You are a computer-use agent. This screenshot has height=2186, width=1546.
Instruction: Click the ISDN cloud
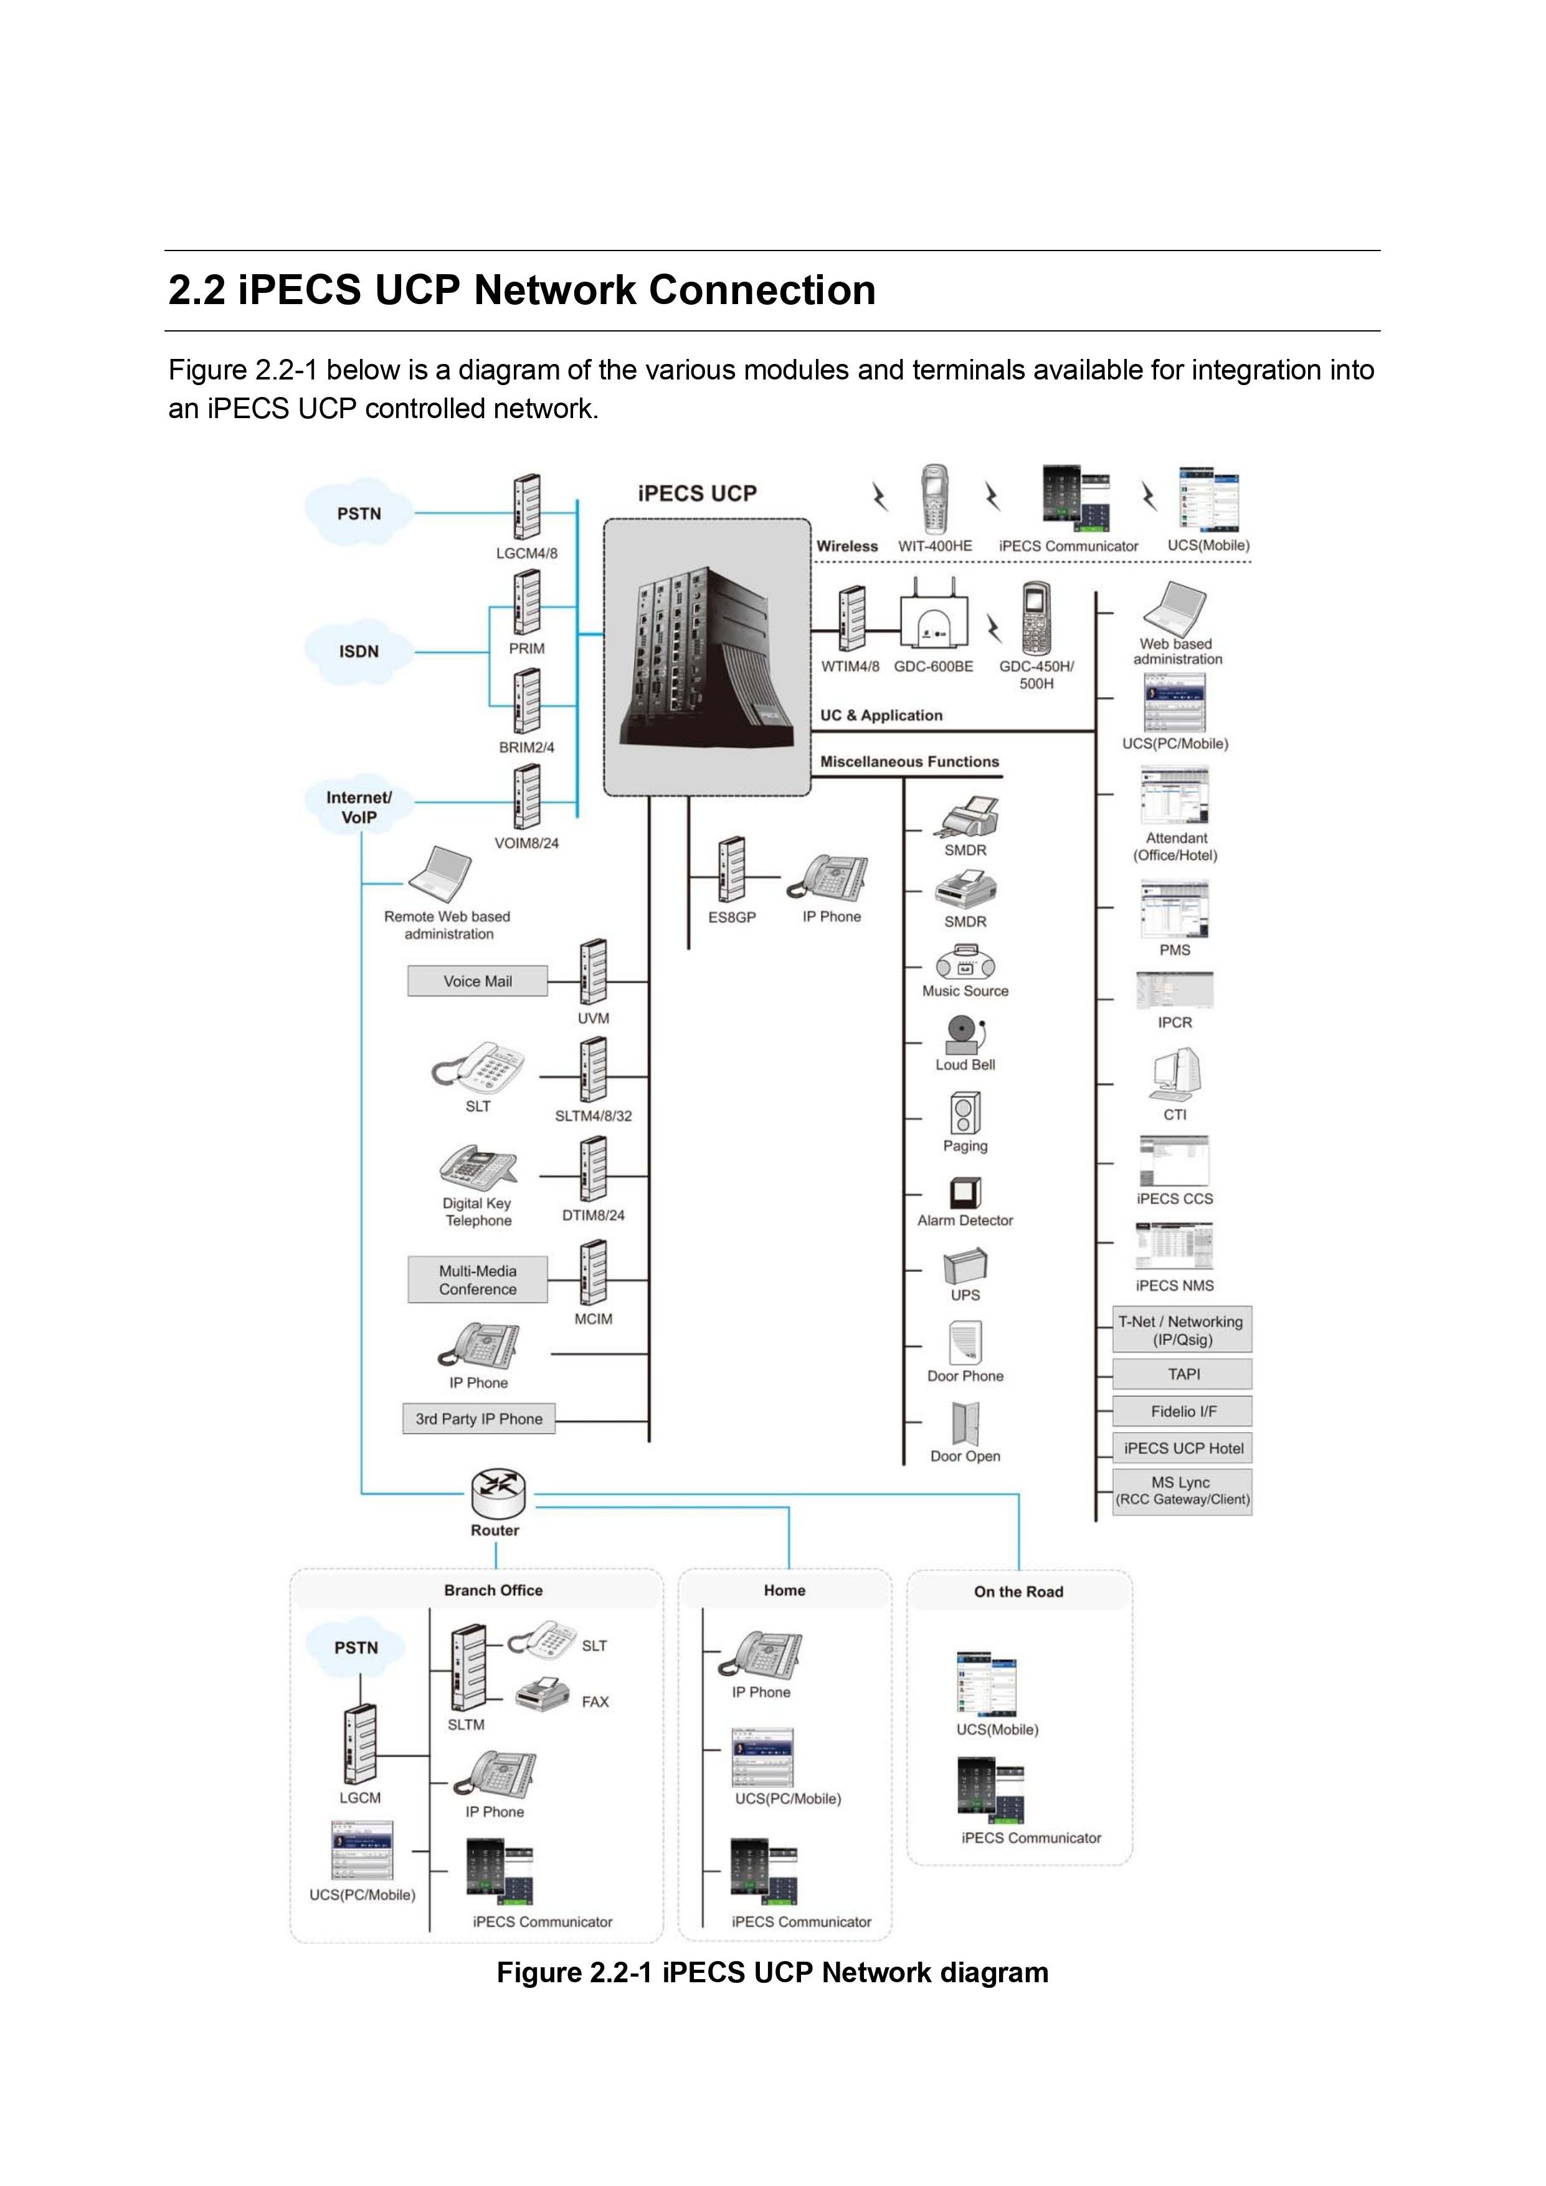(x=359, y=651)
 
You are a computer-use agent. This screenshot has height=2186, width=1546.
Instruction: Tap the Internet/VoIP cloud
(x=359, y=806)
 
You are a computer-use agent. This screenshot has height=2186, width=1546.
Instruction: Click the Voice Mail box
(x=478, y=981)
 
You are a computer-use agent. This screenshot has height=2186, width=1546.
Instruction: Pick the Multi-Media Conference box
(x=478, y=1279)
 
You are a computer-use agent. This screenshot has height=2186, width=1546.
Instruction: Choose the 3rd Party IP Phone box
(x=479, y=1419)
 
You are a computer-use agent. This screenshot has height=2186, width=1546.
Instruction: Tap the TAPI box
(x=1183, y=1374)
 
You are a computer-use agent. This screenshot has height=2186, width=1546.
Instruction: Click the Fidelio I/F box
(x=1183, y=1411)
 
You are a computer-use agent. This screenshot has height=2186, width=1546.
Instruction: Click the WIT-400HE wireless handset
(x=935, y=499)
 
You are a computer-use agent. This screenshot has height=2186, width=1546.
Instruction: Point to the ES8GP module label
(x=732, y=917)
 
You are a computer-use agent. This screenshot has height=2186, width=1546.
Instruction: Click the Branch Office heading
(x=493, y=1590)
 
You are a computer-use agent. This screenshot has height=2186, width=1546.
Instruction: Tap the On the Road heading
(x=1018, y=1591)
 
